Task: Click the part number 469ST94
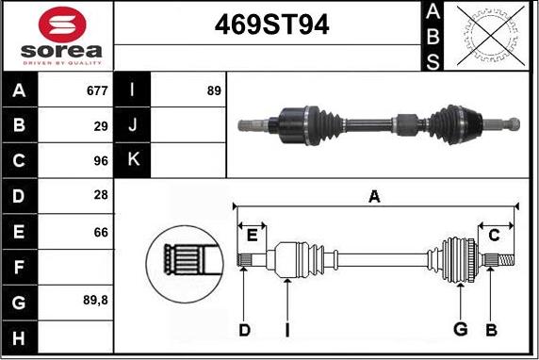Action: pyautogui.click(x=271, y=25)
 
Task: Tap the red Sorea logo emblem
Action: pyautogui.click(x=62, y=25)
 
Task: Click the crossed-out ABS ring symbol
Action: pyautogui.click(x=491, y=36)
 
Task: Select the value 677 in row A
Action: pyautogui.click(x=97, y=90)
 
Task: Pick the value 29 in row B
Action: pyautogui.click(x=101, y=126)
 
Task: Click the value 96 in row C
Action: pyautogui.click(x=101, y=161)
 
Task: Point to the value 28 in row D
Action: pyautogui.click(x=101, y=195)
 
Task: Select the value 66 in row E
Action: pyautogui.click(x=101, y=233)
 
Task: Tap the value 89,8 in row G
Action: pyautogui.click(x=95, y=301)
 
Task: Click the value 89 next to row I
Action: pyautogui.click(x=214, y=90)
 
